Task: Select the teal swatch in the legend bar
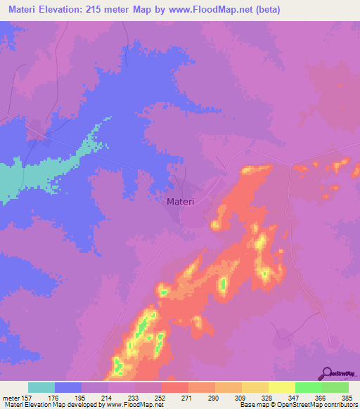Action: pyautogui.click(x=41, y=387)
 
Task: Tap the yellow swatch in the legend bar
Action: pyautogui.click(x=282, y=387)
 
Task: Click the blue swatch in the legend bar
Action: pyautogui.click(x=68, y=387)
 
